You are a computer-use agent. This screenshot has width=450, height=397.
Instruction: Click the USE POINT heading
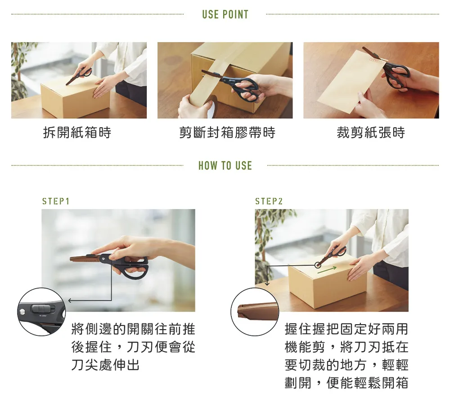pos(225,14)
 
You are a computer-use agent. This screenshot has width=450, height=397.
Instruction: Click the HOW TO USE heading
pos(225,166)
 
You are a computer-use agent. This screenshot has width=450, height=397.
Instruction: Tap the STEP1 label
pos(56,201)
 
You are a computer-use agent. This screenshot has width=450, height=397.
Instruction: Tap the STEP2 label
pos(269,201)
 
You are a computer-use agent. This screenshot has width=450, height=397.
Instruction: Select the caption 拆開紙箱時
pos(77,133)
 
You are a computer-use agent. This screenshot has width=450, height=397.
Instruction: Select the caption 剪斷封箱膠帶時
pos(227,133)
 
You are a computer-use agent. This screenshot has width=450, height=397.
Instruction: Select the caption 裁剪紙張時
pos(371,133)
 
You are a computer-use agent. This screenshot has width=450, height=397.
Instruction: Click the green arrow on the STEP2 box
pos(327,270)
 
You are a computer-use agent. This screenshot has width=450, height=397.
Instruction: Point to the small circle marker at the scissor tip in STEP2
pos(318,265)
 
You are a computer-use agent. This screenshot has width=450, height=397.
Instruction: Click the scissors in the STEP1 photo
pos(110,263)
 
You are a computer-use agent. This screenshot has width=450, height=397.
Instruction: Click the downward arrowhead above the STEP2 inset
pos(267,284)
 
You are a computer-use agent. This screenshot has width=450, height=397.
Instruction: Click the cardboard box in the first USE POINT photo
pos(76,96)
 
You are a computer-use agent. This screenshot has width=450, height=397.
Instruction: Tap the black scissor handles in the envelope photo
pos(397,76)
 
